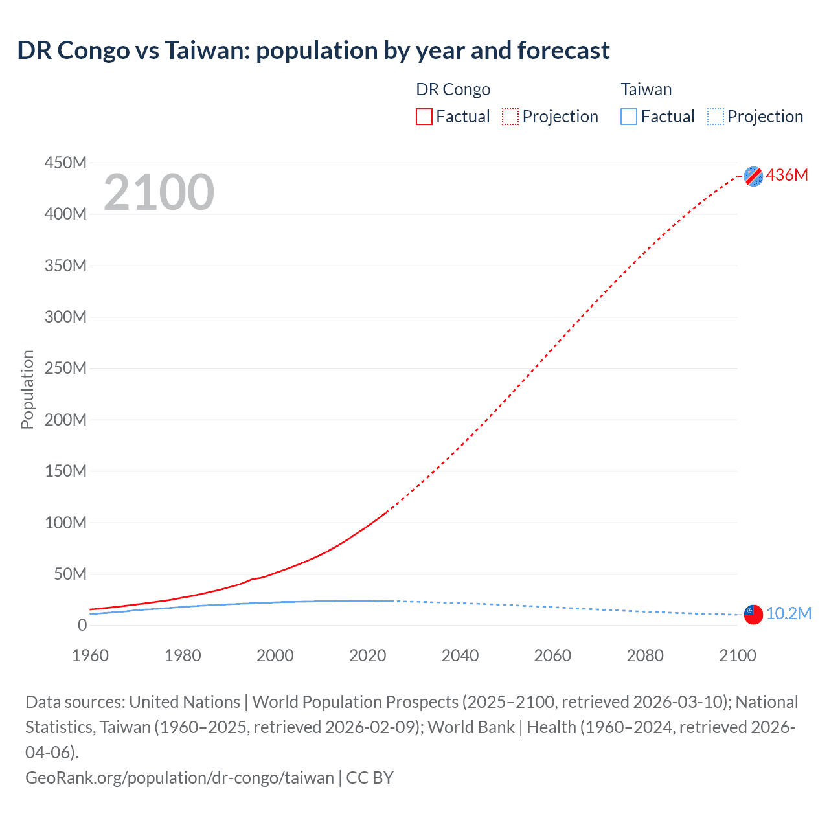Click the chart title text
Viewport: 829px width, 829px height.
click(313, 51)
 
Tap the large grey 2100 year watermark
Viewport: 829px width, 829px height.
click(159, 192)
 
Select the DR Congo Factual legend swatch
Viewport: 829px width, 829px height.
click(424, 117)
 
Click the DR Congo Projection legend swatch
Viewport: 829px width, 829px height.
click(510, 117)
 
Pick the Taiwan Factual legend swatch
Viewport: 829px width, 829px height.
click(628, 117)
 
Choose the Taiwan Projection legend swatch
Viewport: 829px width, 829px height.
click(715, 117)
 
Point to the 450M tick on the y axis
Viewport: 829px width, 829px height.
click(65, 163)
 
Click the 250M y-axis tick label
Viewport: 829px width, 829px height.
click(65, 368)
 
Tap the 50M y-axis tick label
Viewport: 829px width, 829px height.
click(70, 574)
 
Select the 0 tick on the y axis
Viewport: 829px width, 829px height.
click(82, 625)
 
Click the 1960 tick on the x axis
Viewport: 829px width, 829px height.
click(90, 655)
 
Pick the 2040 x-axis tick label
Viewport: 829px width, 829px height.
click(460, 655)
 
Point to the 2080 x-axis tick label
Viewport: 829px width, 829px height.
click(645, 655)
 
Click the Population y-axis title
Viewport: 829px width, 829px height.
click(27, 389)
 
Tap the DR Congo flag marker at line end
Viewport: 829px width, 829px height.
click(753, 176)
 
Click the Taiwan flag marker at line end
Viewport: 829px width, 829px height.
click(753, 615)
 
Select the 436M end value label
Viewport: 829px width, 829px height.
click(787, 175)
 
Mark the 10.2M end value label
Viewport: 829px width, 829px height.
click(789, 613)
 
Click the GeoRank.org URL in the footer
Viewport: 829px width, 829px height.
click(179, 777)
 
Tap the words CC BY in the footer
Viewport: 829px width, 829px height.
click(370, 777)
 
